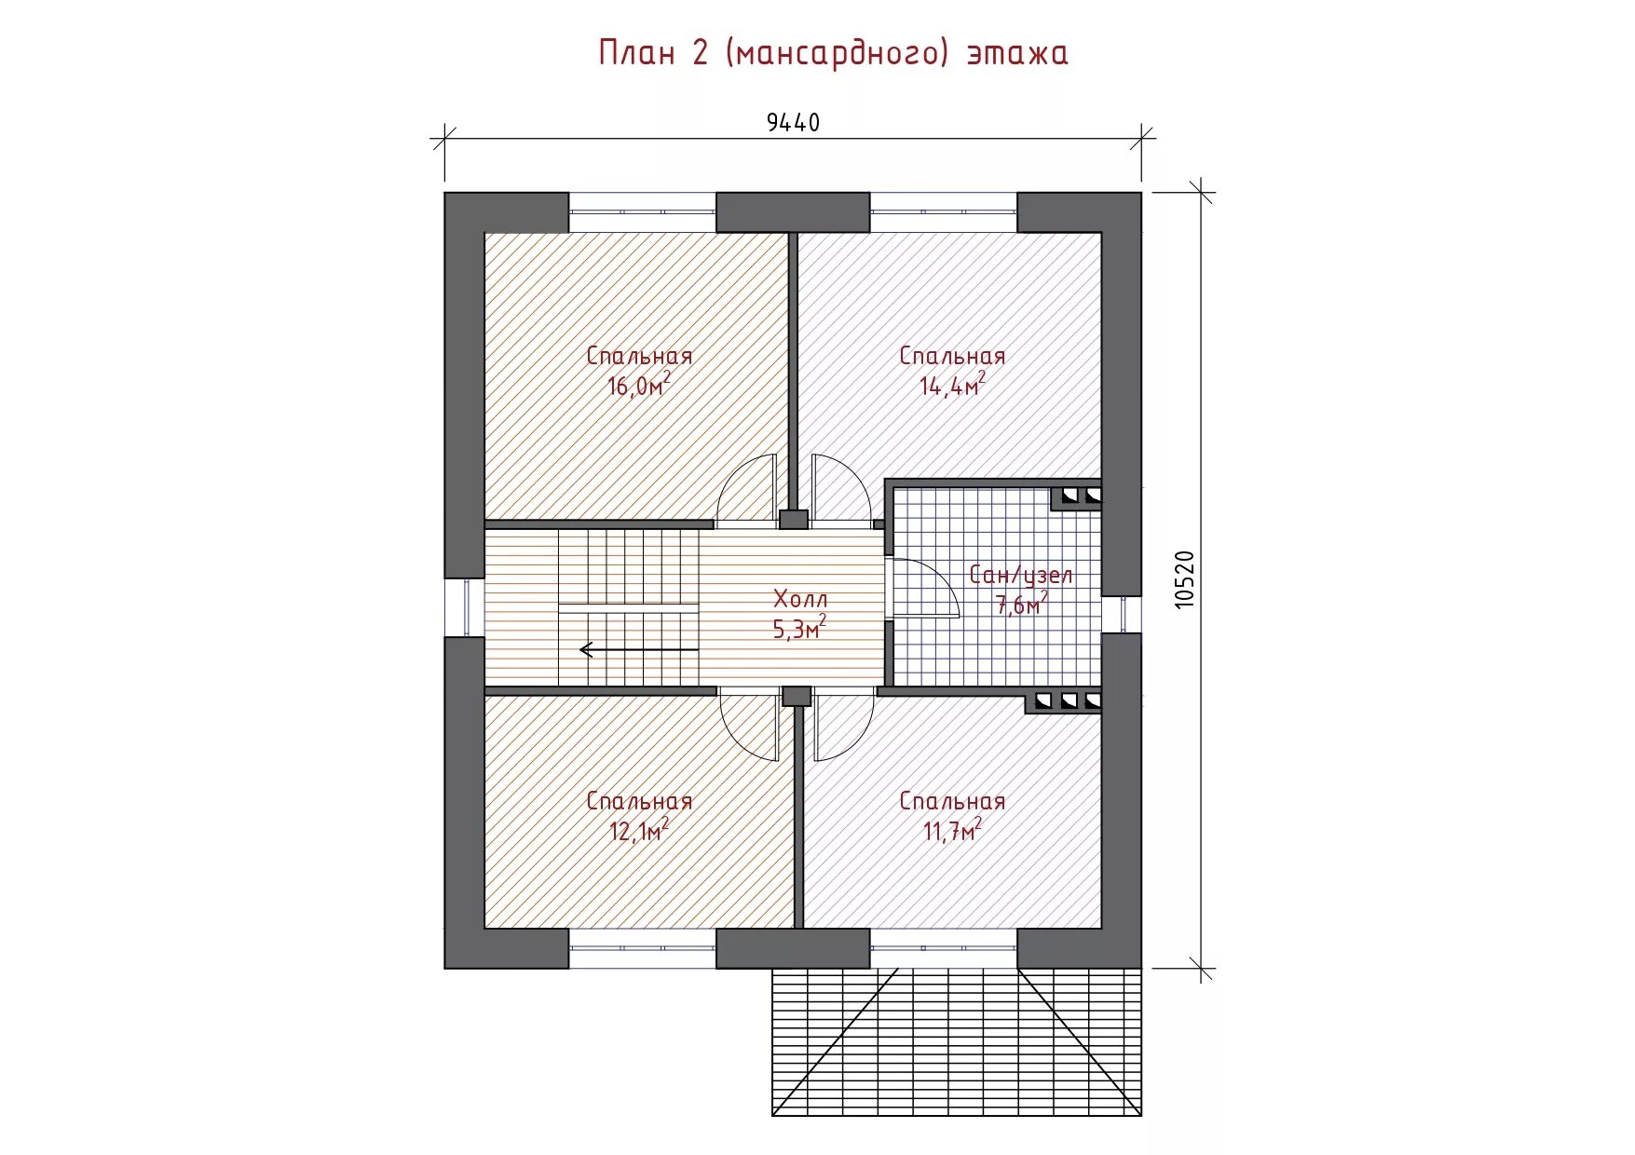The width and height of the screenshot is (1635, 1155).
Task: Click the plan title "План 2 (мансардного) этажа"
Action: pyautogui.click(x=833, y=52)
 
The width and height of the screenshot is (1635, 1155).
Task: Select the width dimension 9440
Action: pyautogui.click(x=793, y=122)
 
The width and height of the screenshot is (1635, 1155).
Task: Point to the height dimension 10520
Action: pyautogui.click(x=1183, y=579)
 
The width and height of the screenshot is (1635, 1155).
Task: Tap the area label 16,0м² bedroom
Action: pyautogui.click(x=639, y=371)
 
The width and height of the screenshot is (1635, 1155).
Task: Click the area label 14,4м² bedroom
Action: pyautogui.click(x=952, y=371)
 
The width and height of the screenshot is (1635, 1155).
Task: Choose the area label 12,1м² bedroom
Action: pyautogui.click(x=639, y=816)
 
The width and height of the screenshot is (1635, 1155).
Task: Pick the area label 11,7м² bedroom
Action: pyautogui.click(x=952, y=816)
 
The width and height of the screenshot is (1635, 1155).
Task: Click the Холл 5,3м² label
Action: pyautogui.click(x=799, y=614)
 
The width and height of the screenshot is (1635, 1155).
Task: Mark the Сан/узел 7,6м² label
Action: pyautogui.click(x=1021, y=590)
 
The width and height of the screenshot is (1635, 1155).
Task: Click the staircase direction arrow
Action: pyautogui.click(x=638, y=649)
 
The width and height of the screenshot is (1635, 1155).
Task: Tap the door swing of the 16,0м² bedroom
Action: pyautogui.click(x=747, y=487)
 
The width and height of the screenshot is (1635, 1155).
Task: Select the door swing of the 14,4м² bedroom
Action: pyautogui.click(x=841, y=487)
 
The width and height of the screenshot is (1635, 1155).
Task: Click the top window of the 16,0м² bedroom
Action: pyautogui.click(x=642, y=212)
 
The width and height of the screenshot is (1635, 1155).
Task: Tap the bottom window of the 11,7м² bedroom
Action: pyautogui.click(x=944, y=948)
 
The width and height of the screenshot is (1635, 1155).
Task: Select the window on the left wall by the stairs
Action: pyautogui.click(x=464, y=607)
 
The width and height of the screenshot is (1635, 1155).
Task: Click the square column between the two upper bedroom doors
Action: pyautogui.click(x=793, y=519)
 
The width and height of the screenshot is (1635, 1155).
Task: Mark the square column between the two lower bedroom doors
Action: pyautogui.click(x=797, y=696)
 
